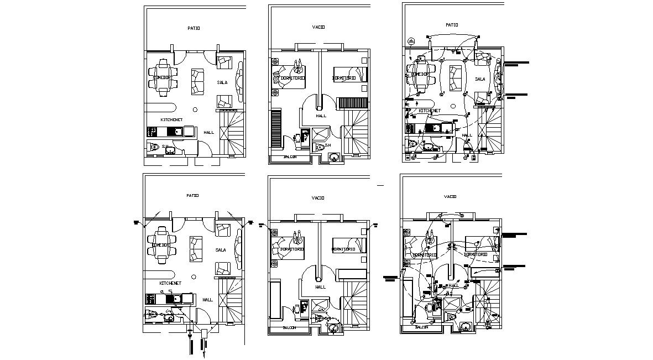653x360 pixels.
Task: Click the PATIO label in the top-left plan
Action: [193, 28]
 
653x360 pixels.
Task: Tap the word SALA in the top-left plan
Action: [222, 82]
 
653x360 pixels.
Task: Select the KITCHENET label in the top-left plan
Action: [171, 119]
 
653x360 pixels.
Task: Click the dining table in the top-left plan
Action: [162, 77]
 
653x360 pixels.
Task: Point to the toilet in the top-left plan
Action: [154, 147]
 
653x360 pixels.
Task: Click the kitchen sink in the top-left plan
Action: [176, 132]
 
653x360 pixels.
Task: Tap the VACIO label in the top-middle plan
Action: [318, 27]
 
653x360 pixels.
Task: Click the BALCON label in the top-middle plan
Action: [290, 157]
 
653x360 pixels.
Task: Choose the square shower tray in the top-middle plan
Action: [320, 134]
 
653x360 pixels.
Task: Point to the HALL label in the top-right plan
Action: [467, 134]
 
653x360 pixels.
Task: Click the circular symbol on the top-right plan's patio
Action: [411, 41]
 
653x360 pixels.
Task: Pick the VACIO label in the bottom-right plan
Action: [450, 196]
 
